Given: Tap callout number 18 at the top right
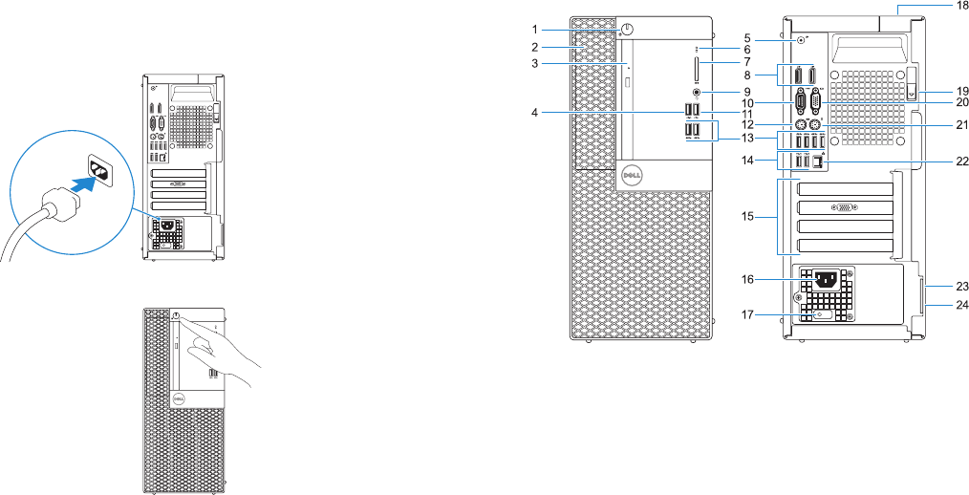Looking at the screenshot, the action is (x=961, y=6).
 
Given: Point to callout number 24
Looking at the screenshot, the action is (x=962, y=305).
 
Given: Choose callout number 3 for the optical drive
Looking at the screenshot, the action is (x=536, y=64).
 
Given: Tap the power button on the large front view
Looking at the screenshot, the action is (x=626, y=29).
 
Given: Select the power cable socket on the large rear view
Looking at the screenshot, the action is (x=825, y=280).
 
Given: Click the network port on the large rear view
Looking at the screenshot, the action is (x=819, y=161).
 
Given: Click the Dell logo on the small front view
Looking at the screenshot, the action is (x=177, y=399).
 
